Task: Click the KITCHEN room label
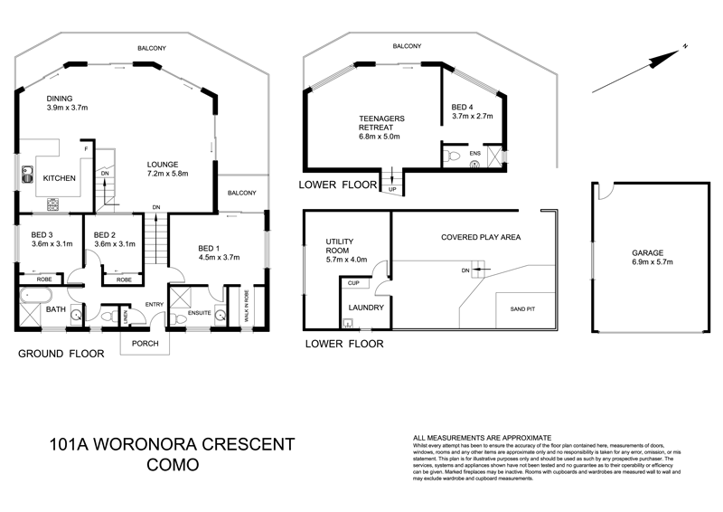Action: click(60, 178)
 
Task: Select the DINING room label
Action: click(64, 100)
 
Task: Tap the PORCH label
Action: click(146, 343)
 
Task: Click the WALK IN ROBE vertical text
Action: click(247, 306)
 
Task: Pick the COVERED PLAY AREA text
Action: click(481, 237)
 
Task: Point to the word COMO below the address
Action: click(171, 466)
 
